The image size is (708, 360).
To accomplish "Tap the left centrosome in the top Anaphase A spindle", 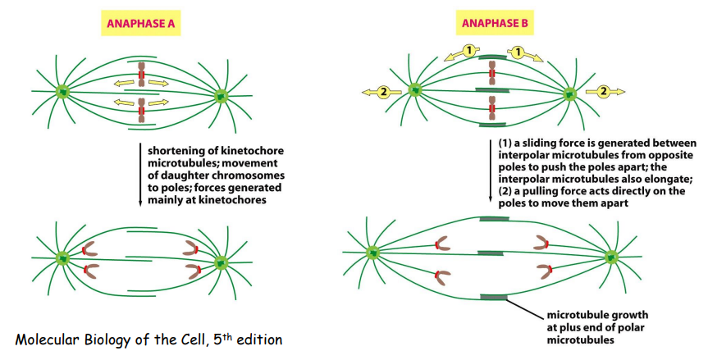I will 62,92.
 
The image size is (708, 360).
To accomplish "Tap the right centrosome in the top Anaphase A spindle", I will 222,96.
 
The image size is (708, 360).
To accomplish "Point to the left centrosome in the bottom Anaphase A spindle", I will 62,258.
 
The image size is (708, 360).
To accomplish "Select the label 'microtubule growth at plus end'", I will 585,321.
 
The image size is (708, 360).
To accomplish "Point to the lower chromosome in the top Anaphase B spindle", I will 491,109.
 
